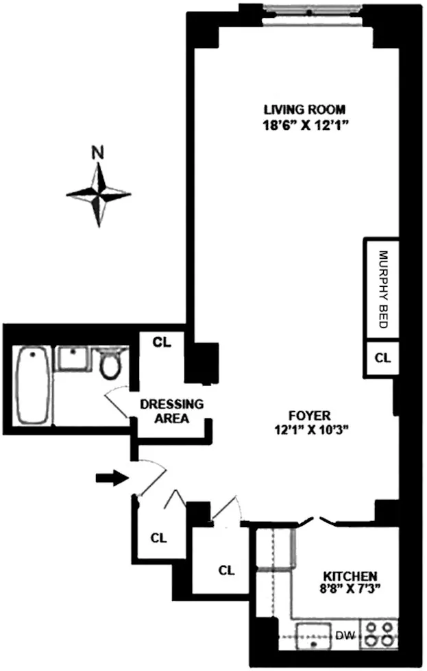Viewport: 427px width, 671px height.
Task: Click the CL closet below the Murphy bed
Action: coord(382,357)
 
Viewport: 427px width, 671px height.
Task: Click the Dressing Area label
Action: coord(171,412)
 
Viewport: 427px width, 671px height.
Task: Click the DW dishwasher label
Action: coord(343,635)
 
